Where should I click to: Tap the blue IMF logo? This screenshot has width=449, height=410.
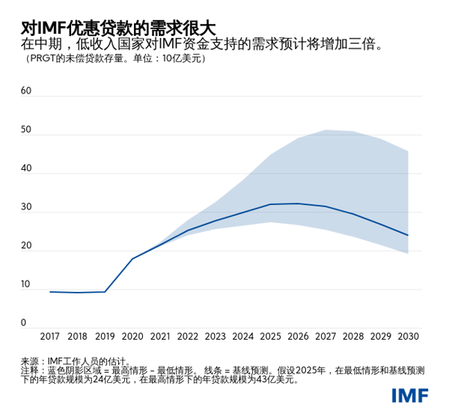(409, 395)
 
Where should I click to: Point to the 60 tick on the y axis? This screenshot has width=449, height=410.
(26, 91)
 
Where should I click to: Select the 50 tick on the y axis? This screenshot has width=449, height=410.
(26, 130)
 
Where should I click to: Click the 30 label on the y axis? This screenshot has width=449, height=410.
(26, 207)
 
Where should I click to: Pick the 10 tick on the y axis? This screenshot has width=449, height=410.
(26, 285)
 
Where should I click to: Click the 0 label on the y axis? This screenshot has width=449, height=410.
(23, 323)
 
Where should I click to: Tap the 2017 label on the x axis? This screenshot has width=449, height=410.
(50, 337)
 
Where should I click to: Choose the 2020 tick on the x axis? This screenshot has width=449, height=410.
(132, 337)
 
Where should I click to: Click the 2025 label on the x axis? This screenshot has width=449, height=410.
(270, 337)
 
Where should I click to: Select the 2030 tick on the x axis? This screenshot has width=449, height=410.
(408, 337)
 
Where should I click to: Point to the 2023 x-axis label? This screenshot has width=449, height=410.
(216, 337)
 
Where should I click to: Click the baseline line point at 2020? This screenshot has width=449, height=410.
(132, 259)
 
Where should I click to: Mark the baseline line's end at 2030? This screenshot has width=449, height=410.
(408, 235)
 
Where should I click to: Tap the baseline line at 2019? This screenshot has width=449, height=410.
(105, 292)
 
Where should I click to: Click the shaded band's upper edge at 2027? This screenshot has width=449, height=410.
(326, 130)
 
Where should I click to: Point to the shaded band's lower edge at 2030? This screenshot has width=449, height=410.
(408, 254)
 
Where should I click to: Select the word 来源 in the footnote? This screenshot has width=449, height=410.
(30, 361)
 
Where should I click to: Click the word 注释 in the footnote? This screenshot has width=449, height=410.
(30, 370)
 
